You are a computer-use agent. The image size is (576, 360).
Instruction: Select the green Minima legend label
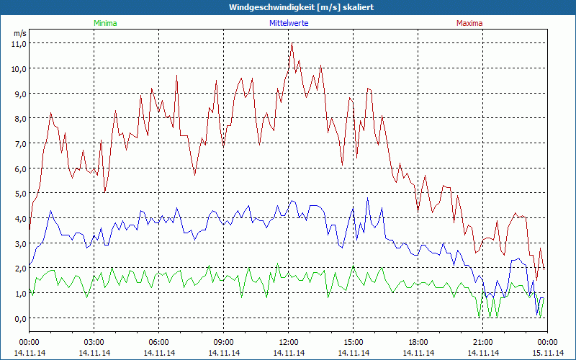(x=105, y=23)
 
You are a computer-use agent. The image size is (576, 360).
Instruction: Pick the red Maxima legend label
(x=469, y=23)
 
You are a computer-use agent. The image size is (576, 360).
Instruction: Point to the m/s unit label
(x=20, y=33)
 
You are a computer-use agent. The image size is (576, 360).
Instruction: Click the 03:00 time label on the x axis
(x=94, y=342)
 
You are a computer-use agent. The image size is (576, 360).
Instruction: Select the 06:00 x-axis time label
(x=159, y=342)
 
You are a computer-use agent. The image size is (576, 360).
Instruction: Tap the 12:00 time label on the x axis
(x=289, y=342)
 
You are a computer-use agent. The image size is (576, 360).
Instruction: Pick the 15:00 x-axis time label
(x=354, y=342)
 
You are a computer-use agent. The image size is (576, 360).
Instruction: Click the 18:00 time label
(x=418, y=342)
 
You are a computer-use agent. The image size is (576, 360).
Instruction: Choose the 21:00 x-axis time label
(x=483, y=342)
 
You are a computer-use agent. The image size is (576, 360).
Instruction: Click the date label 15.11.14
(x=548, y=353)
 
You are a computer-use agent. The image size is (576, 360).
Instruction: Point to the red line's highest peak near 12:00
(x=292, y=44)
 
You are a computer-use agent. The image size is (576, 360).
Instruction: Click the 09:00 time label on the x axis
(x=224, y=342)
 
